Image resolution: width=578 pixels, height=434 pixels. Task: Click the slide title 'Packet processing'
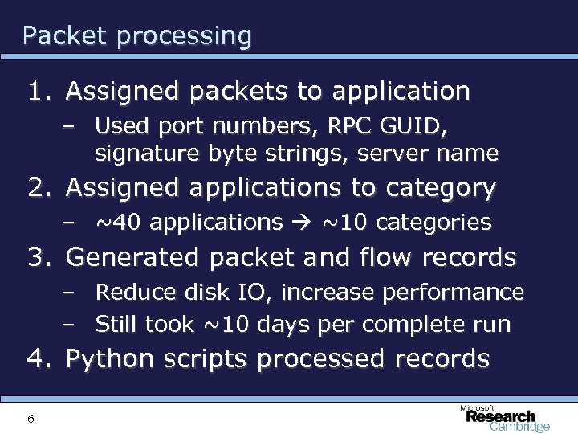click(x=137, y=36)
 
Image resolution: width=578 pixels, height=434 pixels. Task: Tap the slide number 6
click(x=30, y=418)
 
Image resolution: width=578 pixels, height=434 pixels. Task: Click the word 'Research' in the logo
click(x=501, y=416)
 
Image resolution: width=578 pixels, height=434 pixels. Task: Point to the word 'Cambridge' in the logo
click(x=519, y=428)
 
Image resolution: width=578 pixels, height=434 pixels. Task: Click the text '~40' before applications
click(x=118, y=222)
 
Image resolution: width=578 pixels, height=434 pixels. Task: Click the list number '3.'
click(x=40, y=258)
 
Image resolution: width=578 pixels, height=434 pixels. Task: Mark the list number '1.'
click(x=40, y=92)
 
